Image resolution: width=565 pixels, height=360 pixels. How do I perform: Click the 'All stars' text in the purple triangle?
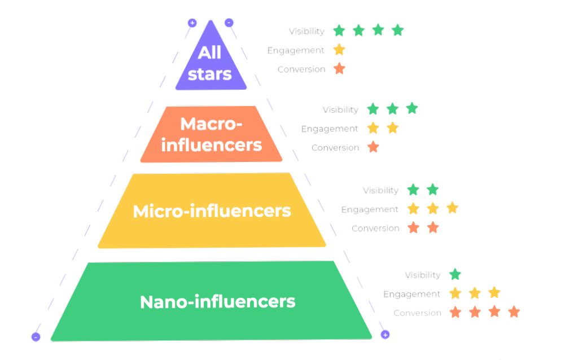pyautogui.click(x=209, y=63)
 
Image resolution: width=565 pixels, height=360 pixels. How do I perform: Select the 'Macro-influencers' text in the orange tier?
pyautogui.click(x=212, y=134)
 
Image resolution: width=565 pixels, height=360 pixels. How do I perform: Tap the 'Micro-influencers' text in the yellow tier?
pyautogui.click(x=212, y=211)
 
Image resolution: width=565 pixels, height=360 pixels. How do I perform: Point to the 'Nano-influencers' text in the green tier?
pyautogui.click(x=217, y=301)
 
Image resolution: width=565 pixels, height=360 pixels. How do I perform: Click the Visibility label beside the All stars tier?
pyautogui.click(x=306, y=31)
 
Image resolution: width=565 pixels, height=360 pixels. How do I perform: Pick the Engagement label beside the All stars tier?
pyautogui.click(x=296, y=50)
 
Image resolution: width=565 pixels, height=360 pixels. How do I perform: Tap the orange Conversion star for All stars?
pyautogui.click(x=339, y=69)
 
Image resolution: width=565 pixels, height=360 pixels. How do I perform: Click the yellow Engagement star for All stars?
pyautogui.click(x=339, y=50)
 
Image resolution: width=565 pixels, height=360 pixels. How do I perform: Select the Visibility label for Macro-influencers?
pyautogui.click(x=340, y=109)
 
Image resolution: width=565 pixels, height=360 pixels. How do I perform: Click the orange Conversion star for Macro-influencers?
pyautogui.click(x=373, y=148)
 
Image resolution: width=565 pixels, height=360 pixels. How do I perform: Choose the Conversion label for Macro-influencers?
pyautogui.click(x=335, y=148)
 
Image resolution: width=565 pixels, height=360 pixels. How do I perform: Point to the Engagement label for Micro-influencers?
pyautogui.click(x=370, y=209)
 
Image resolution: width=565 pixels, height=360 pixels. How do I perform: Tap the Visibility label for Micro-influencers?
pyautogui.click(x=380, y=190)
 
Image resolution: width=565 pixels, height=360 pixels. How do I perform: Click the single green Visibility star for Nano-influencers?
pyautogui.click(x=455, y=275)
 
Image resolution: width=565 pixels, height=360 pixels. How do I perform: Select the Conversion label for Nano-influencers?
pyautogui.click(x=417, y=313)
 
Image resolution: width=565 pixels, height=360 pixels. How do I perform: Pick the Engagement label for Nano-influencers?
pyautogui.click(x=411, y=294)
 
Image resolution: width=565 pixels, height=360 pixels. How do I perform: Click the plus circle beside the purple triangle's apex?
pyautogui.click(x=192, y=23)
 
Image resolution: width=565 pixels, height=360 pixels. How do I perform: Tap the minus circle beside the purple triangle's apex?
pyautogui.click(x=229, y=23)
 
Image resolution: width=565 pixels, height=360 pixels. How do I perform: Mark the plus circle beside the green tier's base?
pyautogui.click(x=385, y=335)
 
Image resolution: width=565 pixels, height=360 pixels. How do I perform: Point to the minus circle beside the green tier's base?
pyautogui.click(x=36, y=336)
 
